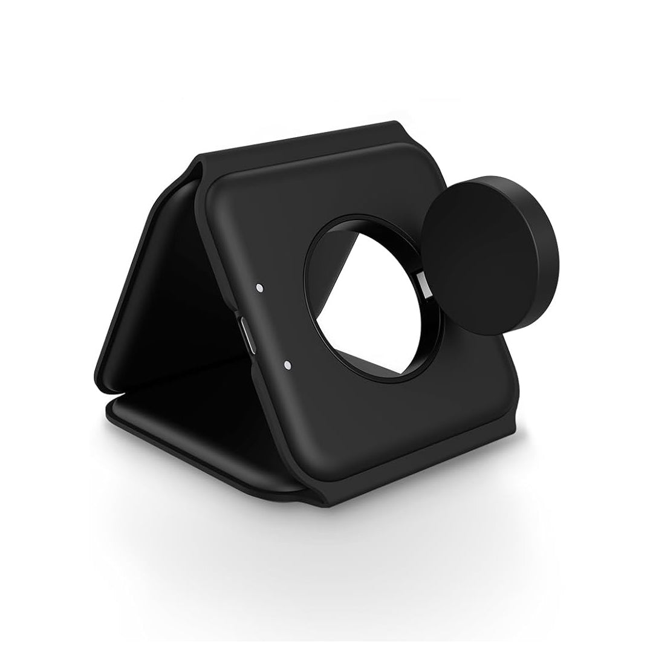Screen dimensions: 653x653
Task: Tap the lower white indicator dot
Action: (x=287, y=365)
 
